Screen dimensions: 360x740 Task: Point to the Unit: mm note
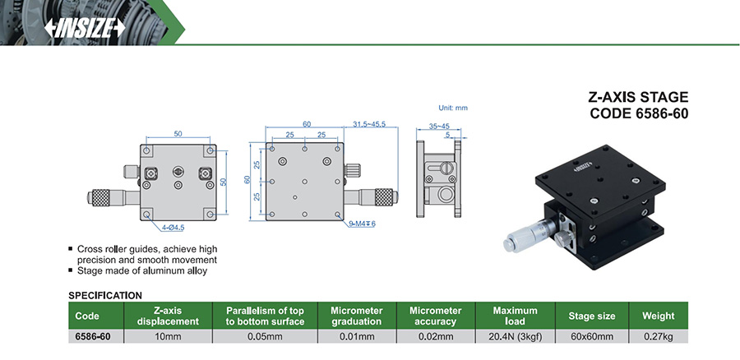tap(452, 108)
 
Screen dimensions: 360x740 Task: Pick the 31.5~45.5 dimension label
tap(369, 124)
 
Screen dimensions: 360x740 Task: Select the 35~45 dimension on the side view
tap(440, 127)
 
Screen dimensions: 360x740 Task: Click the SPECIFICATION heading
tap(105, 294)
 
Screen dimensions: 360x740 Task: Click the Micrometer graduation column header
tap(357, 316)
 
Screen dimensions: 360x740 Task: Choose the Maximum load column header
tap(515, 316)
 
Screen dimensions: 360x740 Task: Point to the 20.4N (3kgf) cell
tap(515, 336)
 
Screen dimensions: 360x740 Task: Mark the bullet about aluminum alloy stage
tap(136, 270)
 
